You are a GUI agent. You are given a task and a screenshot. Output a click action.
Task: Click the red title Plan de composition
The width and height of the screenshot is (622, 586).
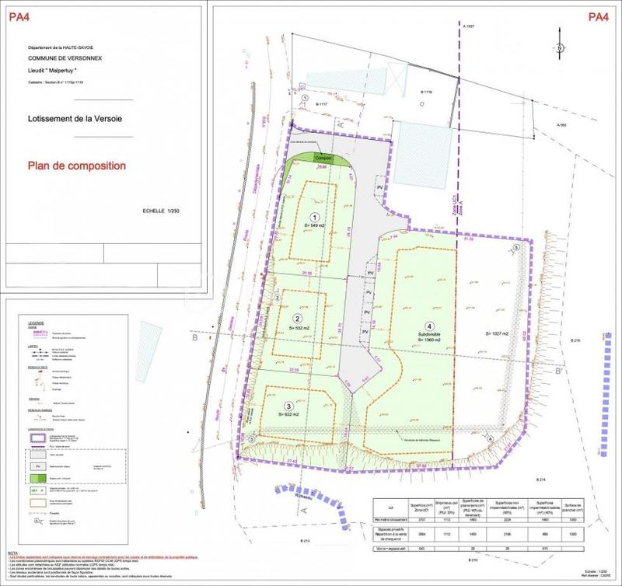[x=76, y=166]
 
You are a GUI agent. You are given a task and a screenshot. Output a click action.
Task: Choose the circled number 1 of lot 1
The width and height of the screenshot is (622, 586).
[x=315, y=217]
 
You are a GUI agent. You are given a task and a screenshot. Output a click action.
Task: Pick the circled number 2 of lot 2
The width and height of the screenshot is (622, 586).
[x=296, y=319]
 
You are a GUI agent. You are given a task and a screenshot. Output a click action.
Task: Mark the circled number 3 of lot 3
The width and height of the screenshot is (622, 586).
[x=288, y=406]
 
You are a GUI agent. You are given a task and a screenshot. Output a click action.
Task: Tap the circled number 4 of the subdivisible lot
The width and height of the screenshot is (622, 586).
[x=428, y=326]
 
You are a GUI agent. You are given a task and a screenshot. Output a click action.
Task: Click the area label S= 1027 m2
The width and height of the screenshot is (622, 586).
[x=497, y=333]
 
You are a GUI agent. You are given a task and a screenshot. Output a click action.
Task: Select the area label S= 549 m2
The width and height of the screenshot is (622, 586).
[x=316, y=225]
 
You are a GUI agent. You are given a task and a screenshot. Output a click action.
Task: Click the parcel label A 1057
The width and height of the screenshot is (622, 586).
[x=469, y=27]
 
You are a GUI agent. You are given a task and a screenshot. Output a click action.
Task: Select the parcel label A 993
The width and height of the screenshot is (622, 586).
[x=560, y=126]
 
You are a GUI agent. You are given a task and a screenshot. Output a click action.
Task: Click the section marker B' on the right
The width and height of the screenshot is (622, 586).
[x=557, y=372]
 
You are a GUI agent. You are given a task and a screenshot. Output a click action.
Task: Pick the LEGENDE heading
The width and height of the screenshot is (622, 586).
[x=37, y=322]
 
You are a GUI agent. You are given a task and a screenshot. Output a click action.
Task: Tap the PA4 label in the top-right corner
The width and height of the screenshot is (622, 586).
[x=598, y=16]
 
